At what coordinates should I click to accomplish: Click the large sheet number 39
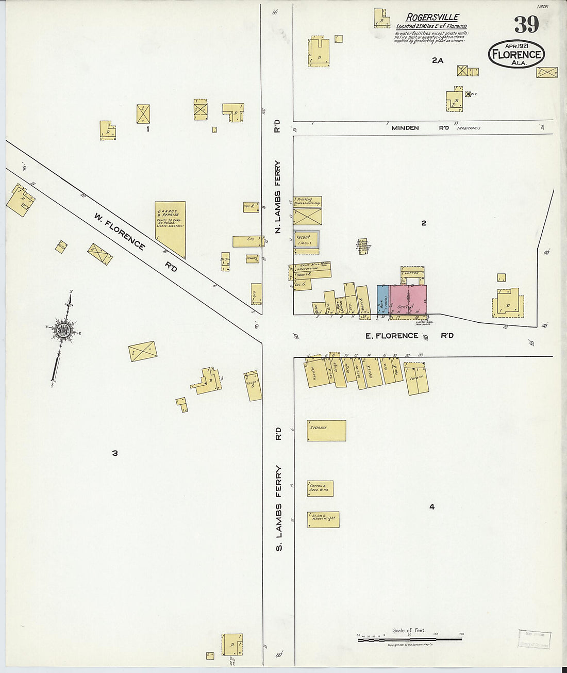526,24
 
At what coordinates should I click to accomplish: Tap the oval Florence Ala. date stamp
516,54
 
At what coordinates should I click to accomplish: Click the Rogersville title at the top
431,18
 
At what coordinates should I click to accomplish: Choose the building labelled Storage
326,431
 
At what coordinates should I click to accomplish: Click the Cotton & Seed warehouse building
320,488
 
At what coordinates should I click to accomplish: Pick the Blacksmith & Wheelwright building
323,519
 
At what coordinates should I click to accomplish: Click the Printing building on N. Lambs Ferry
307,202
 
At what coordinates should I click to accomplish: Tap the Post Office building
340,305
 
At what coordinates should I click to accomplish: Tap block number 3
115,453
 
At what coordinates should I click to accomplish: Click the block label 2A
438,60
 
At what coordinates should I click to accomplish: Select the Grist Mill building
310,270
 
